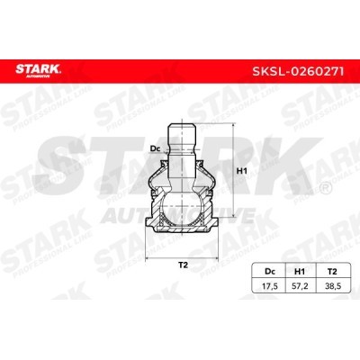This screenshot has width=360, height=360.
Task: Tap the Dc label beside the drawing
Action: tap(154, 148)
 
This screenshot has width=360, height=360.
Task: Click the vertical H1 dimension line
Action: tap(232, 180)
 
